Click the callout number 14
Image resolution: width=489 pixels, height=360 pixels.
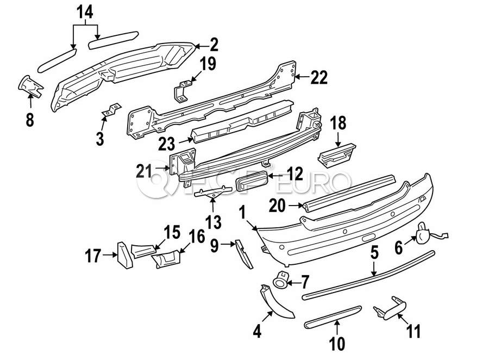click(x=85, y=13)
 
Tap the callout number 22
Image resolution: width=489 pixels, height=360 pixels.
click(x=319, y=77)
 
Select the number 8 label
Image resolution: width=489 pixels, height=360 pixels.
click(x=30, y=120)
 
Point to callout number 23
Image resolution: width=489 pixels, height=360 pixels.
click(x=167, y=144)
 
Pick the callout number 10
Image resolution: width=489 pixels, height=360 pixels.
click(x=337, y=344)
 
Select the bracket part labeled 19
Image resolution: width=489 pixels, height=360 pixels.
click(x=182, y=91)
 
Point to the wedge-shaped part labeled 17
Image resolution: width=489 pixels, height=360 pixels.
click(x=125, y=256)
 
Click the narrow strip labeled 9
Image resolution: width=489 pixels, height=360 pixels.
click(x=243, y=254)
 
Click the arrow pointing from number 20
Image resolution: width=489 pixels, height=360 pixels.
click(x=295, y=206)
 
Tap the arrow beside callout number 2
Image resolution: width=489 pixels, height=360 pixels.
click(x=202, y=46)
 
